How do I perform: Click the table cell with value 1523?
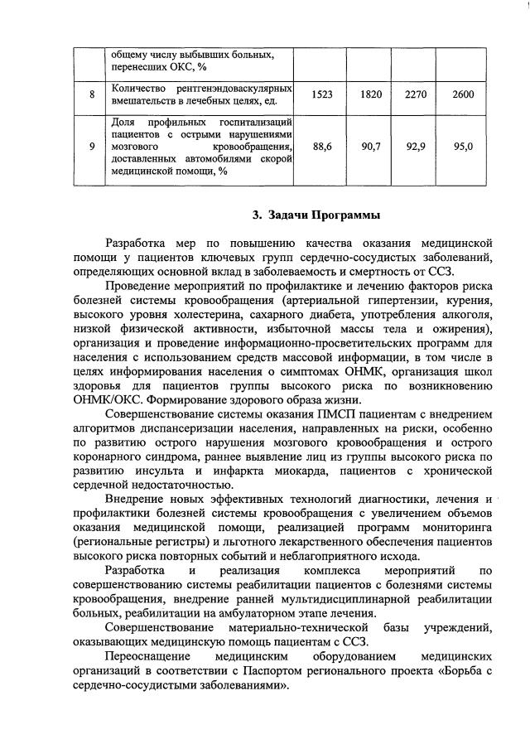322,94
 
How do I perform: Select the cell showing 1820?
371,94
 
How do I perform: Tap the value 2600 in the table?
464,94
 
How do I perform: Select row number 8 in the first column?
91,94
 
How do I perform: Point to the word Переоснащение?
146,659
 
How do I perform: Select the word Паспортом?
286,674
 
